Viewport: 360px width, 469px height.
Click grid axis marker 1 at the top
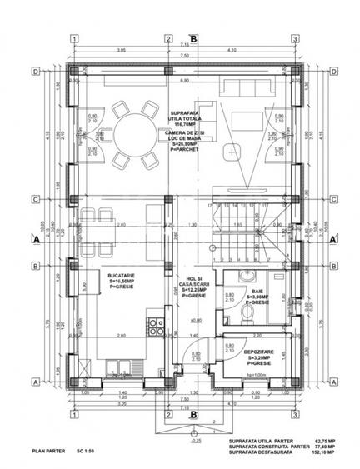(74, 39)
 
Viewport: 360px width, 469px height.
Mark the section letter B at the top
(193, 38)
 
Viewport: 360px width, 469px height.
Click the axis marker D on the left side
(35, 72)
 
